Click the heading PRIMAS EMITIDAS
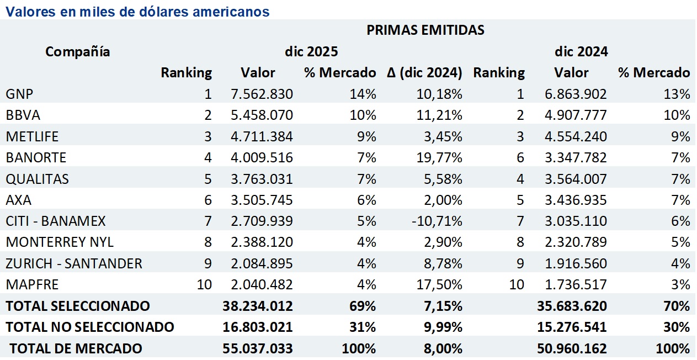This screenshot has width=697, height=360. point(425,30)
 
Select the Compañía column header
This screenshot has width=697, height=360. point(77,52)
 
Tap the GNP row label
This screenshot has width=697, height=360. point(17,94)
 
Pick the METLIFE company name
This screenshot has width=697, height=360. point(31,136)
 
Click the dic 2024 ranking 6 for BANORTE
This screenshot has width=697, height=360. point(520,158)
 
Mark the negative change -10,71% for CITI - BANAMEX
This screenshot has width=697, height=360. point(440,221)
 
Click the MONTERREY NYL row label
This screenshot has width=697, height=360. point(60,242)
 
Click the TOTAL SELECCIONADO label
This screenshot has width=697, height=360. point(77,306)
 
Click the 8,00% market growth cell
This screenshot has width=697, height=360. point(444,349)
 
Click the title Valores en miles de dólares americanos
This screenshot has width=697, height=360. point(137,11)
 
